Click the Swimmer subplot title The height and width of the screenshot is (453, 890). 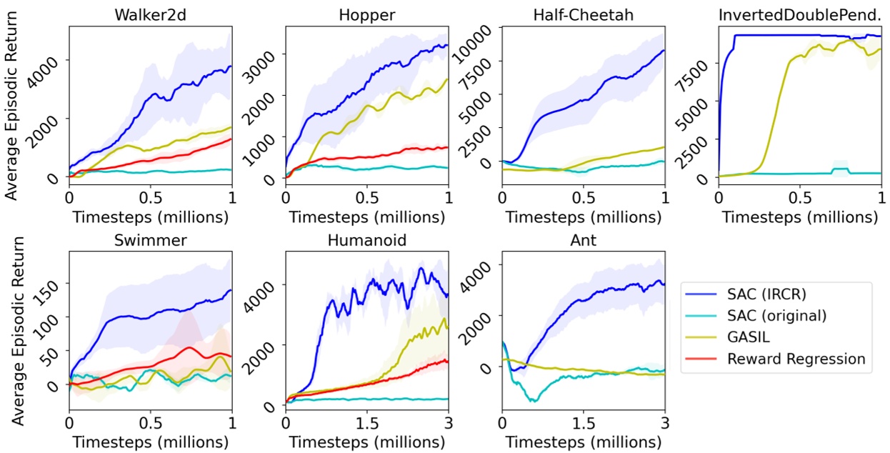pos(151,239)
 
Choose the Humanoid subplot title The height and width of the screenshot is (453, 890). pos(366,239)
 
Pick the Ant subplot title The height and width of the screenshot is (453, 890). pos(583,239)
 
